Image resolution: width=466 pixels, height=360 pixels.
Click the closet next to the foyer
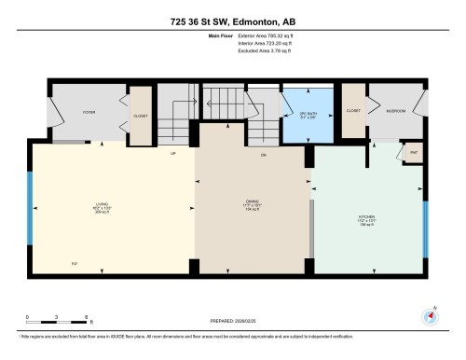tap(140, 116)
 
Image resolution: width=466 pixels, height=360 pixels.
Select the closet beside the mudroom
tap(353, 111)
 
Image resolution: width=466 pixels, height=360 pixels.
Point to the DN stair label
tap(264, 153)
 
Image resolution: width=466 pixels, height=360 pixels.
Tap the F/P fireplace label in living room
tap(75, 264)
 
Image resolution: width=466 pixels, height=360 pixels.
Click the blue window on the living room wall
tap(30, 205)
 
